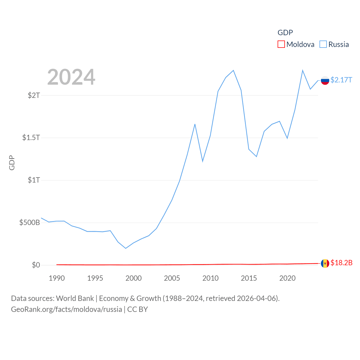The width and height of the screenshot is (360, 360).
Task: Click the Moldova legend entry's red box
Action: (281, 44)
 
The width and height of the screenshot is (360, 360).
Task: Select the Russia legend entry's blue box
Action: (323, 44)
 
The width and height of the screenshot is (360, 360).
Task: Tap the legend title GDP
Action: (285, 33)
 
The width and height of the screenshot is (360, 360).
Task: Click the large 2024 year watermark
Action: (71, 77)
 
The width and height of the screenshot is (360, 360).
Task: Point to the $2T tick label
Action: (34, 95)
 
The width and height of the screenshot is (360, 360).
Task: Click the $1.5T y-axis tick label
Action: (31, 138)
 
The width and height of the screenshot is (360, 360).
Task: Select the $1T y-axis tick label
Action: (34, 180)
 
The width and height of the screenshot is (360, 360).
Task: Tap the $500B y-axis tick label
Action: (30, 222)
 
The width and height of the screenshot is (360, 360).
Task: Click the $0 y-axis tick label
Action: (36, 265)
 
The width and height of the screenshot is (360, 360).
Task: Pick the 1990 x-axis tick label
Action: (57, 278)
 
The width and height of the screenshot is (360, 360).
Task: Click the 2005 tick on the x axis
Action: (172, 278)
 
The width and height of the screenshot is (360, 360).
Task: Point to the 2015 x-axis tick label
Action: (249, 278)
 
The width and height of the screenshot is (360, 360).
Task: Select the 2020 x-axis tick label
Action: (287, 278)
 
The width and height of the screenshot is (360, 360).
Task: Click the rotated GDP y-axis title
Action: (12, 163)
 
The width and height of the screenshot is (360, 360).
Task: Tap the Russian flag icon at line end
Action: (325, 80)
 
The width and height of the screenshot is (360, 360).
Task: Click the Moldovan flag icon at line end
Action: (325, 264)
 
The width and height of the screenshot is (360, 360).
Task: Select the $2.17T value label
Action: (341, 80)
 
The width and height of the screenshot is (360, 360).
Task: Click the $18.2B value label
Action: (341, 263)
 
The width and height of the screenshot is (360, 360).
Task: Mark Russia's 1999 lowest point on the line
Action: (126, 248)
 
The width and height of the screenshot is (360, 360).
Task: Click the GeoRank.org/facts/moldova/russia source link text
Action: (66, 309)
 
